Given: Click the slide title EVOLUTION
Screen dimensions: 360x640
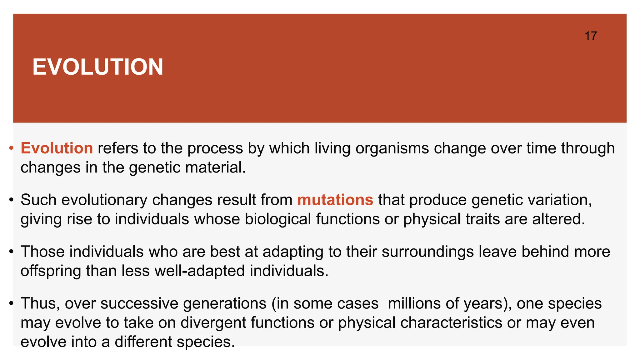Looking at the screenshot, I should [98, 67].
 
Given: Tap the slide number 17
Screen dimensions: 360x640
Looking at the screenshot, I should [591, 36].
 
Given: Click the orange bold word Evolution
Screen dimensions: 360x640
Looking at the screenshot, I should [57, 148].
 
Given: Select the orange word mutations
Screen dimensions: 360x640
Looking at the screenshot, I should [335, 200].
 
